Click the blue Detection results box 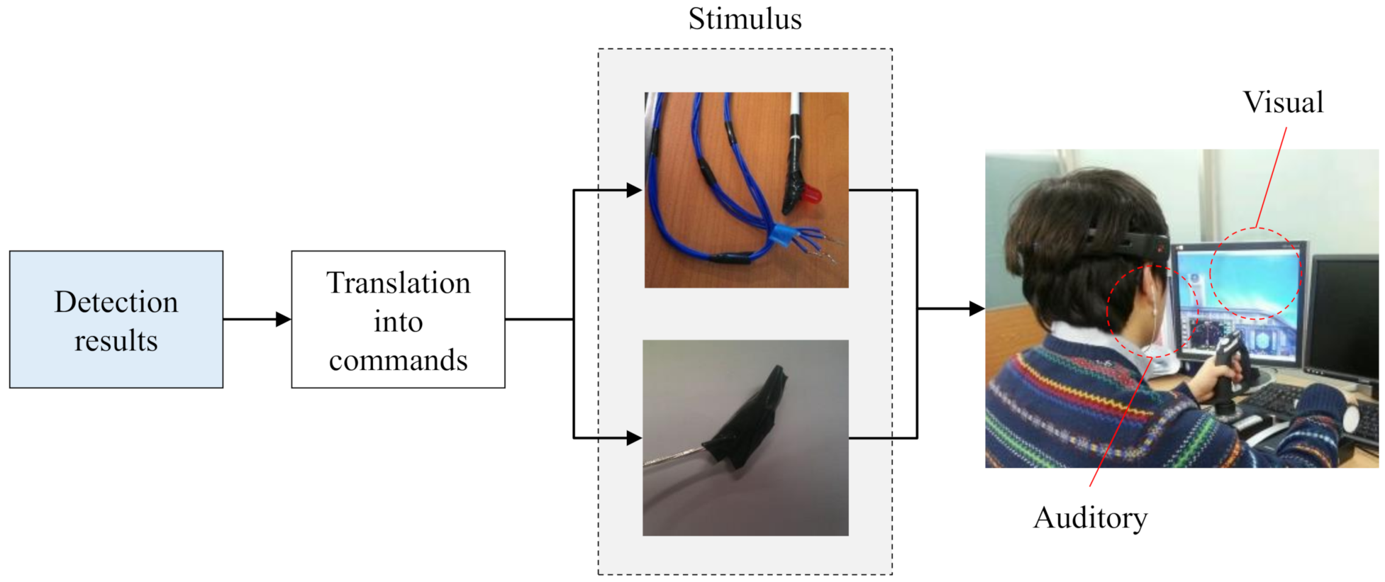116,319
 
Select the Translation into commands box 398,319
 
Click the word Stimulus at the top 744,19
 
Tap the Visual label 1283,102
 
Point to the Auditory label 1090,518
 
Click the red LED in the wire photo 811,195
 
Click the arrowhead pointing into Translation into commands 283,319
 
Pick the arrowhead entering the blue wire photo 634,190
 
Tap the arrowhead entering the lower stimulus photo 634,438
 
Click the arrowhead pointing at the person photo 976,308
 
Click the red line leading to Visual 1272,177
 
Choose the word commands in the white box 398,360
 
